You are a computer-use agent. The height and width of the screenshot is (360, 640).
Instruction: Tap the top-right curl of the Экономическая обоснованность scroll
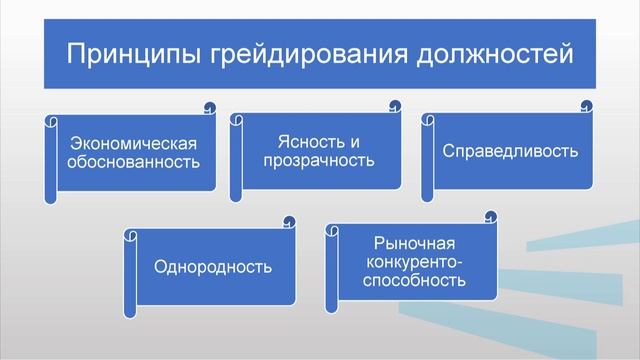pos(208,105)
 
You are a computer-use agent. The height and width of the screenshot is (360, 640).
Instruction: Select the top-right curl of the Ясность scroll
pos(396,105)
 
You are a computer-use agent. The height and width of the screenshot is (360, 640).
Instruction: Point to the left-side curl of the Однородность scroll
pos(130,237)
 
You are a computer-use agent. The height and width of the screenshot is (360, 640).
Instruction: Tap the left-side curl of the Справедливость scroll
pos(428,122)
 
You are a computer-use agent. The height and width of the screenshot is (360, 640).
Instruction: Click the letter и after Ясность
pos(355,141)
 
